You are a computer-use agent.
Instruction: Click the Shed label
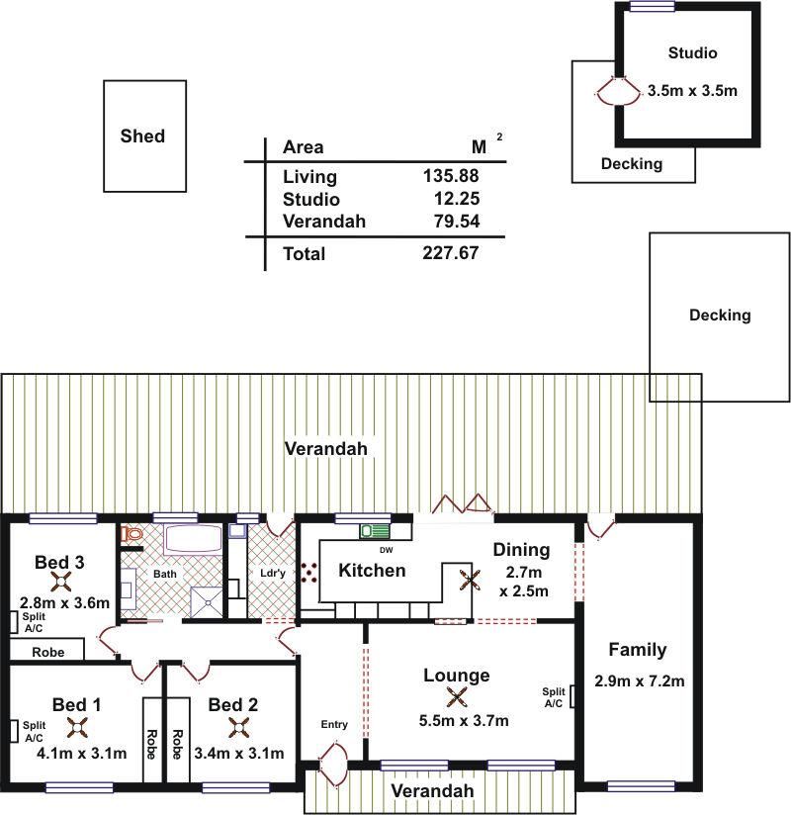coord(142,136)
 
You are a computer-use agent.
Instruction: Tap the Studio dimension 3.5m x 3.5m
coord(692,90)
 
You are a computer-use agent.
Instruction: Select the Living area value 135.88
coord(451,176)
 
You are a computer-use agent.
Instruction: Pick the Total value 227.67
coord(451,253)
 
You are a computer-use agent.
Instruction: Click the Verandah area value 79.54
coord(457,222)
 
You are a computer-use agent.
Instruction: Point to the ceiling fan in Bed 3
coord(62,583)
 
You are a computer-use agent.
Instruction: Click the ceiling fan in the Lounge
coord(456,697)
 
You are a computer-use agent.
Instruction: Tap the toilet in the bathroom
coord(131,534)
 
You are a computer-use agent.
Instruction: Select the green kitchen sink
coord(374,531)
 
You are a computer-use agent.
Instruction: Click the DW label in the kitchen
coord(387,551)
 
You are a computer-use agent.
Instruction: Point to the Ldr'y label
coord(273,574)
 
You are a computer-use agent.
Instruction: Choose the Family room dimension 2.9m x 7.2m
coord(640,680)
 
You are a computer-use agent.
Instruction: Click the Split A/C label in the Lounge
coord(554,697)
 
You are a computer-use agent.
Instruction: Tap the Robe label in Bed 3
coord(48,653)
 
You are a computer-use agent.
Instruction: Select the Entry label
coord(334,725)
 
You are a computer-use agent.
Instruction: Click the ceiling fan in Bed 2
coord(239,728)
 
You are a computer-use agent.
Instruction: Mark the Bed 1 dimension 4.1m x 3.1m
coord(82,753)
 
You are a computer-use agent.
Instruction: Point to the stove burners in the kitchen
coord(309,573)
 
